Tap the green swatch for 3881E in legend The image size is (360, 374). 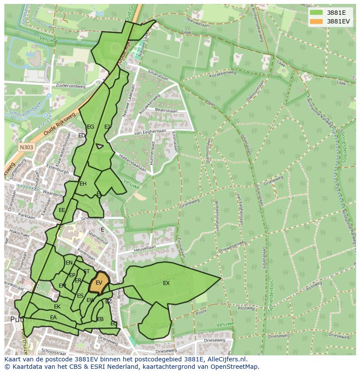(x=317, y=12)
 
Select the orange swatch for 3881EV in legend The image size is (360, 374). (x=317, y=21)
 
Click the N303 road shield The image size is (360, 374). (x=26, y=147)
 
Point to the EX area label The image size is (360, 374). (x=166, y=283)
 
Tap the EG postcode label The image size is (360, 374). (x=90, y=127)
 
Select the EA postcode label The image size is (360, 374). (x=53, y=318)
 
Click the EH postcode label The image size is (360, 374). (x=83, y=184)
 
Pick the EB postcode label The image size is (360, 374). (x=100, y=319)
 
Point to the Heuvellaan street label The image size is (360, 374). (x=145, y=248)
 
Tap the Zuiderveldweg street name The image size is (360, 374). (x=70, y=86)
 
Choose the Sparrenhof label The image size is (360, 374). (x=98, y=238)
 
